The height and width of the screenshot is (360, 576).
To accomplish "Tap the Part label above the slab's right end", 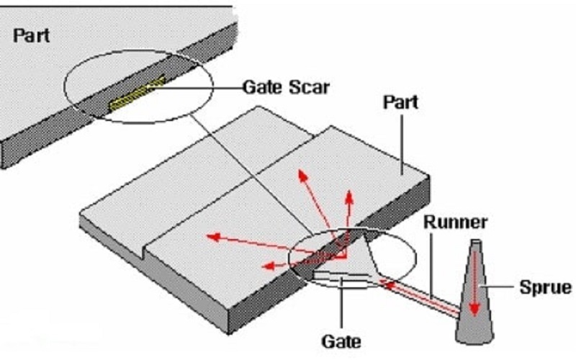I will [x=401, y=103].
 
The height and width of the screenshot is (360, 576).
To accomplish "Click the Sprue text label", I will [x=546, y=289].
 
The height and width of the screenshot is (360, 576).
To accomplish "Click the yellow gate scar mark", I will [x=137, y=95].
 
